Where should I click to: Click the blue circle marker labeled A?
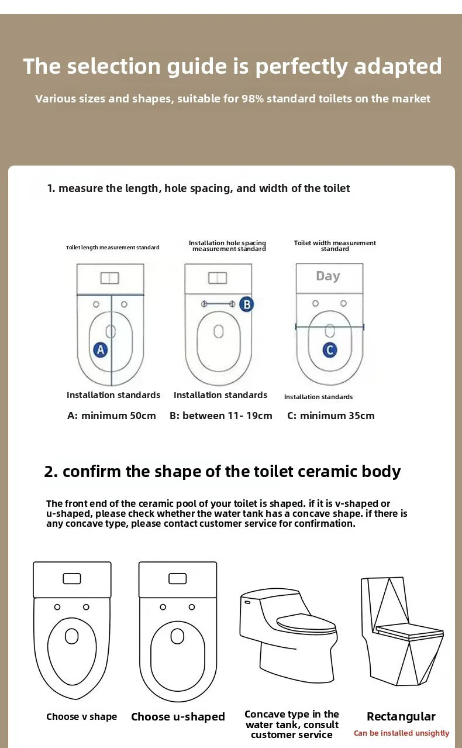(101, 350)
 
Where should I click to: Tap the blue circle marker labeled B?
(246, 304)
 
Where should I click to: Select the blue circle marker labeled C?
(330, 350)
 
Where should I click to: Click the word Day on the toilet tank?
(327, 276)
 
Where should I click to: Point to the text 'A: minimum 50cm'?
(112, 416)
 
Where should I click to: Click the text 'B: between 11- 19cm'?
(221, 416)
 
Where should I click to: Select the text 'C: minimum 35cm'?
(331, 416)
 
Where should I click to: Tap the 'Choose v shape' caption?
(82, 717)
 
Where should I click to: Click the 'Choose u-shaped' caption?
(178, 717)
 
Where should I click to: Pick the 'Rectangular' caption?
(401, 716)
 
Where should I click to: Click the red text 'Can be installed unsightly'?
(401, 733)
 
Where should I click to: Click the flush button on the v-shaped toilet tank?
(72, 578)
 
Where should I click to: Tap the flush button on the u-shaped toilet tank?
(178, 578)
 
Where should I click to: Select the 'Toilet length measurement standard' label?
(112, 248)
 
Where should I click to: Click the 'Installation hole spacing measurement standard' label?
(228, 246)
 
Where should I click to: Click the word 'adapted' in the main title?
(398, 67)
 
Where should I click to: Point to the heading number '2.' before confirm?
(51, 472)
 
